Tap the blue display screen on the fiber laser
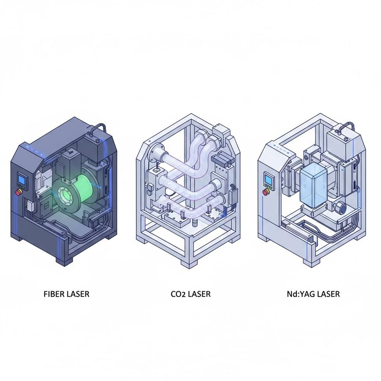22,180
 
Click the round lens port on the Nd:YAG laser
340,207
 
